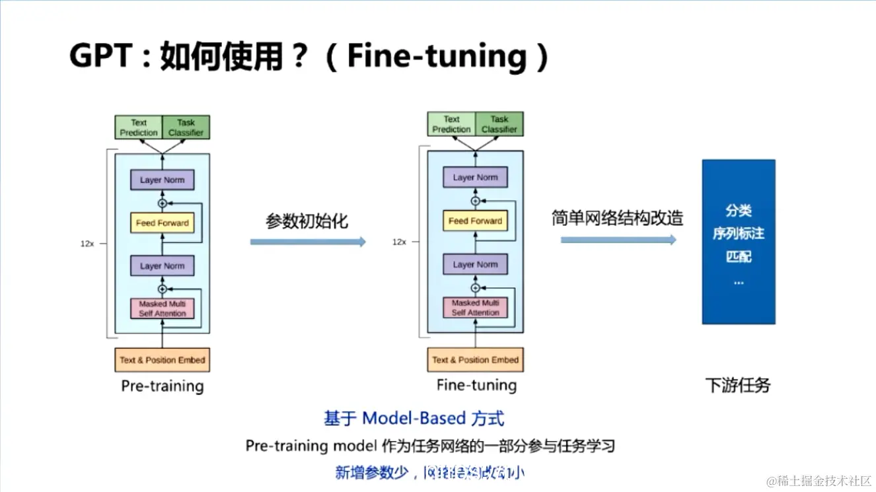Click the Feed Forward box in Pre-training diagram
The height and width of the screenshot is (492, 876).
click(162, 223)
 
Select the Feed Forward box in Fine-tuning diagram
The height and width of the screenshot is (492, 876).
click(475, 221)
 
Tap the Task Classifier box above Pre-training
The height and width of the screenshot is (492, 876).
click(186, 127)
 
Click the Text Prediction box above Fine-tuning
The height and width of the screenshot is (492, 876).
click(451, 124)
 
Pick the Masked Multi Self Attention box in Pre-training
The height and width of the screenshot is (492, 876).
click(162, 308)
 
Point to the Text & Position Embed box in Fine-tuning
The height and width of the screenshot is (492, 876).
click(475, 360)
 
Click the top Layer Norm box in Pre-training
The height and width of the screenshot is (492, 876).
click(162, 180)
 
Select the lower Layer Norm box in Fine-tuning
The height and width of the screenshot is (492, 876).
click(475, 264)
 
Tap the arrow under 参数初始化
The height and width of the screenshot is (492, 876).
click(307, 242)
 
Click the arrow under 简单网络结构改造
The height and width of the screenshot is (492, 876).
click(618, 240)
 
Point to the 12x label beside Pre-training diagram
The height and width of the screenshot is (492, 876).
click(87, 243)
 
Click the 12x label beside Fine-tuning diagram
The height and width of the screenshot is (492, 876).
click(399, 242)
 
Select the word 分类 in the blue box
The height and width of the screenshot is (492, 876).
click(738, 211)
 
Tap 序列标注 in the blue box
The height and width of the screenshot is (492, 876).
click(738, 234)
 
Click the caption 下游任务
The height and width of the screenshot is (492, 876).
click(738, 385)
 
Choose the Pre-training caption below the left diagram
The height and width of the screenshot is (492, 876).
click(162, 386)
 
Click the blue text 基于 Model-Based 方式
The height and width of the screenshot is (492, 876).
click(414, 418)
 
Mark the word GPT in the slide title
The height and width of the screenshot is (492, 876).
click(101, 57)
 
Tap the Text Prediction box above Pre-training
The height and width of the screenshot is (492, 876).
click(139, 127)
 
